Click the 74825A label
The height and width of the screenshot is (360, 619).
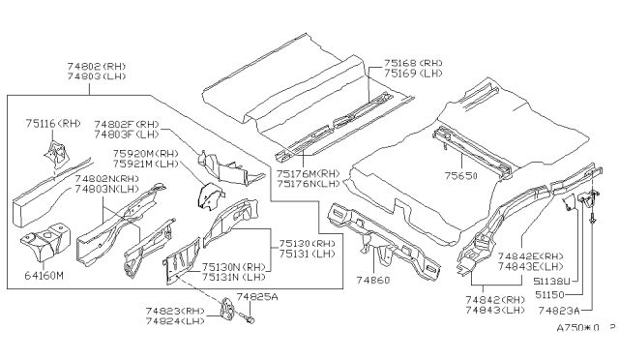(x=255, y=296)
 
